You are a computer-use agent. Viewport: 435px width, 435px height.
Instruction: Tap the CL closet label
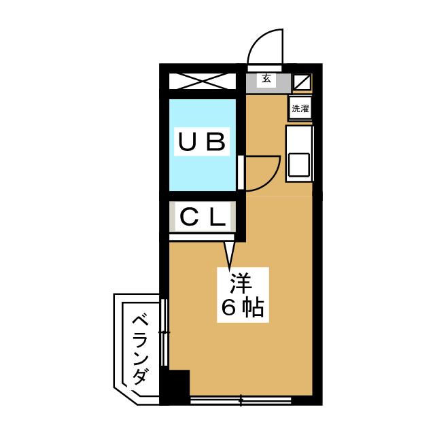pos(202,218)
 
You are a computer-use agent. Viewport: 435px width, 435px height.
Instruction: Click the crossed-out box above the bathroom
pos(202,82)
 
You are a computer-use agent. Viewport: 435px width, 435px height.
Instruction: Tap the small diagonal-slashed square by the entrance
pos(302,82)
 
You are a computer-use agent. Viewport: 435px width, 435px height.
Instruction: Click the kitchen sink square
pos(299,164)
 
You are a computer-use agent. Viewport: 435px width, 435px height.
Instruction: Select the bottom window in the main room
pos(242,400)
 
